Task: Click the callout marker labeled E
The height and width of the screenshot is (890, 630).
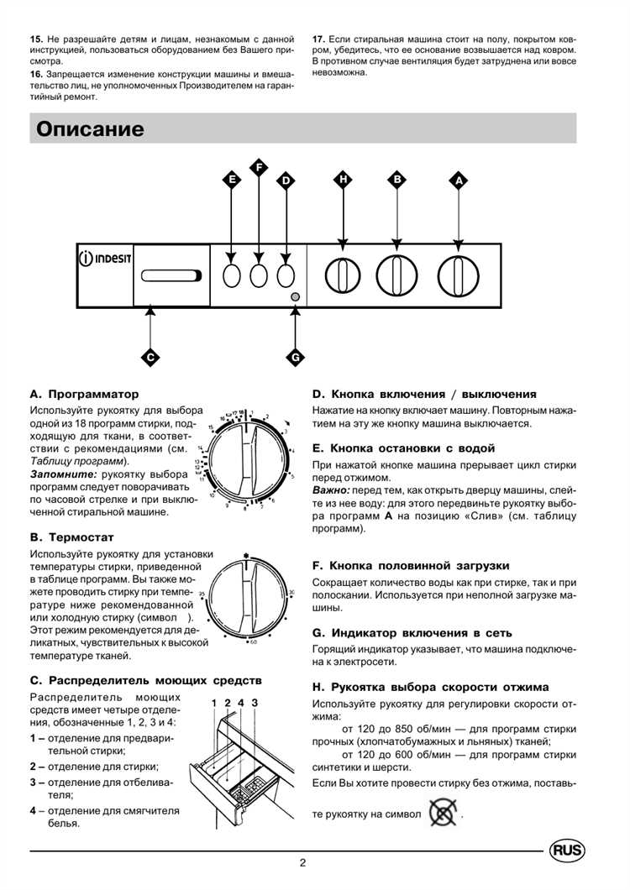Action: coord(232,180)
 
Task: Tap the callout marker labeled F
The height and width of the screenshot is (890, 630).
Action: coord(259,167)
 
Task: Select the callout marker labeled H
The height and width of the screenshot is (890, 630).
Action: coord(343,180)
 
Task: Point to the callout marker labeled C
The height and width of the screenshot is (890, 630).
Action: coord(150,356)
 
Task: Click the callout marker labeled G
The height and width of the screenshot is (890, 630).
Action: coord(295,356)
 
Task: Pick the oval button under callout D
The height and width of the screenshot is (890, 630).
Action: coord(286,275)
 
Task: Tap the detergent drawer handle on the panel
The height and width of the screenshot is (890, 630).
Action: coord(172,275)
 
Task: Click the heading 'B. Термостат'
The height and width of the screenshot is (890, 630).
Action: coord(71,537)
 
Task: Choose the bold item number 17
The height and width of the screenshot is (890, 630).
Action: coord(319,39)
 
